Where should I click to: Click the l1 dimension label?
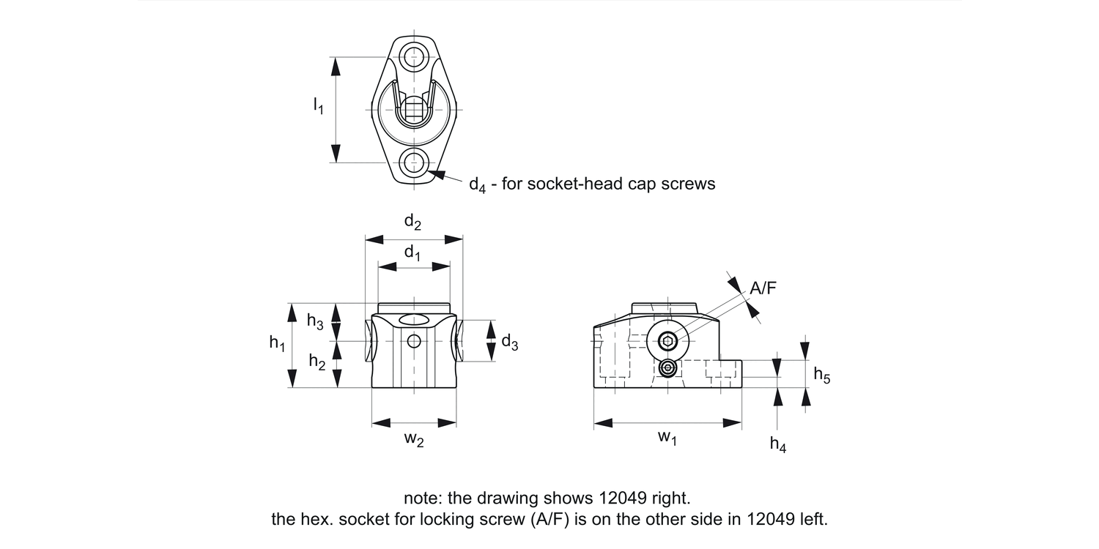(x=319, y=106)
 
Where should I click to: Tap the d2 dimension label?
(x=412, y=222)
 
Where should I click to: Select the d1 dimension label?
(x=412, y=253)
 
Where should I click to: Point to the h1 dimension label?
(x=277, y=343)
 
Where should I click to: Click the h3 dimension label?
(x=315, y=321)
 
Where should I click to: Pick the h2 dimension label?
(x=317, y=362)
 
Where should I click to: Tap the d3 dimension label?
(x=510, y=342)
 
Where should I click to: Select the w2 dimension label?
(x=414, y=439)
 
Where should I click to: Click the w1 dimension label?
(x=667, y=437)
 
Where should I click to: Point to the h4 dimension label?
(x=777, y=444)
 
